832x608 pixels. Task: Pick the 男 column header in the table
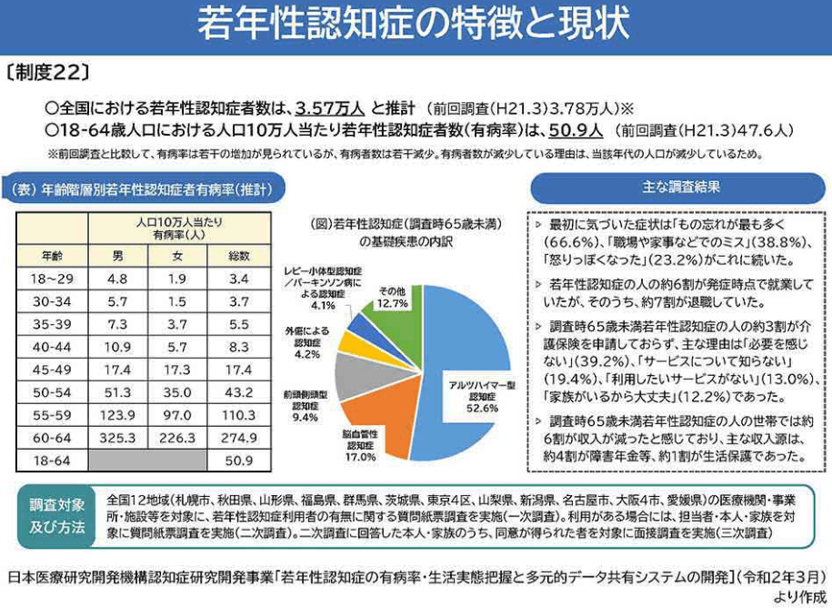117,256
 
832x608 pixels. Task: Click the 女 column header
178,256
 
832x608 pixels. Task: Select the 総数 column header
240,256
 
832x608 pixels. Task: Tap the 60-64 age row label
52,438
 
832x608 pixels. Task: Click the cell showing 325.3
117,438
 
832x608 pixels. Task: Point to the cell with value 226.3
178,438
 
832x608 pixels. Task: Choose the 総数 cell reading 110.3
240,414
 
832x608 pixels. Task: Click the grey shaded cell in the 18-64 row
148,461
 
